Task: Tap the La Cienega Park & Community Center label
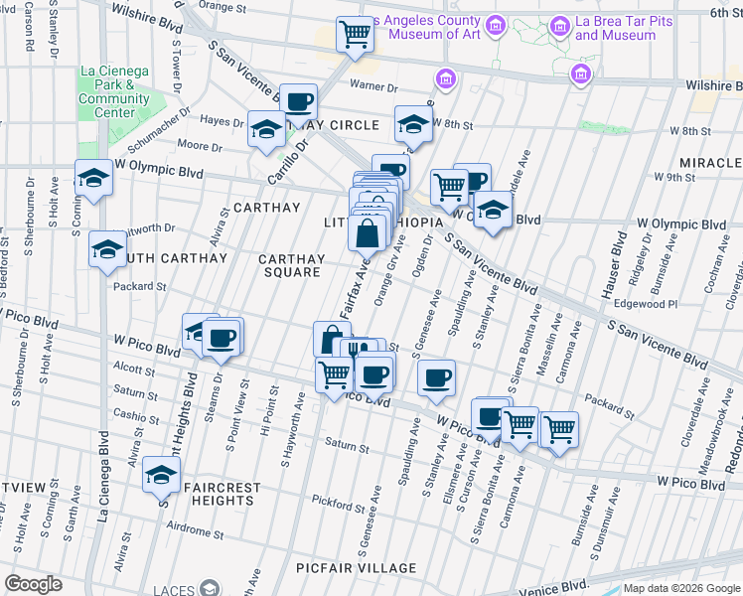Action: pos(114,91)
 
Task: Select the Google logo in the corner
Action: pos(33,584)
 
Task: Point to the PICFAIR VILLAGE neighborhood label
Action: pos(356,568)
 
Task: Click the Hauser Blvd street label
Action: pos(618,257)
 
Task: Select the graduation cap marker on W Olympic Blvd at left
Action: pos(93,178)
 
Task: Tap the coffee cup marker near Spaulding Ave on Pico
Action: pos(436,377)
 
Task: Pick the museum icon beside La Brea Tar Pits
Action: pos(579,74)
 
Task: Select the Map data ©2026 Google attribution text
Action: pos(681,587)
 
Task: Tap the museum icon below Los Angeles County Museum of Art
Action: pos(446,77)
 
